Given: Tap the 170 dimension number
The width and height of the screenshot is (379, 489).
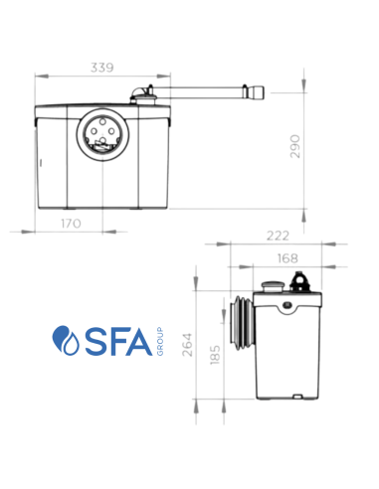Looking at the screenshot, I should point(70,225).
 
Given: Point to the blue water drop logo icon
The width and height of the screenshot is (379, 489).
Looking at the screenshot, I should point(67,340).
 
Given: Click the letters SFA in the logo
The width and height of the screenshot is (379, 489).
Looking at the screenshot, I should point(112,340).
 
